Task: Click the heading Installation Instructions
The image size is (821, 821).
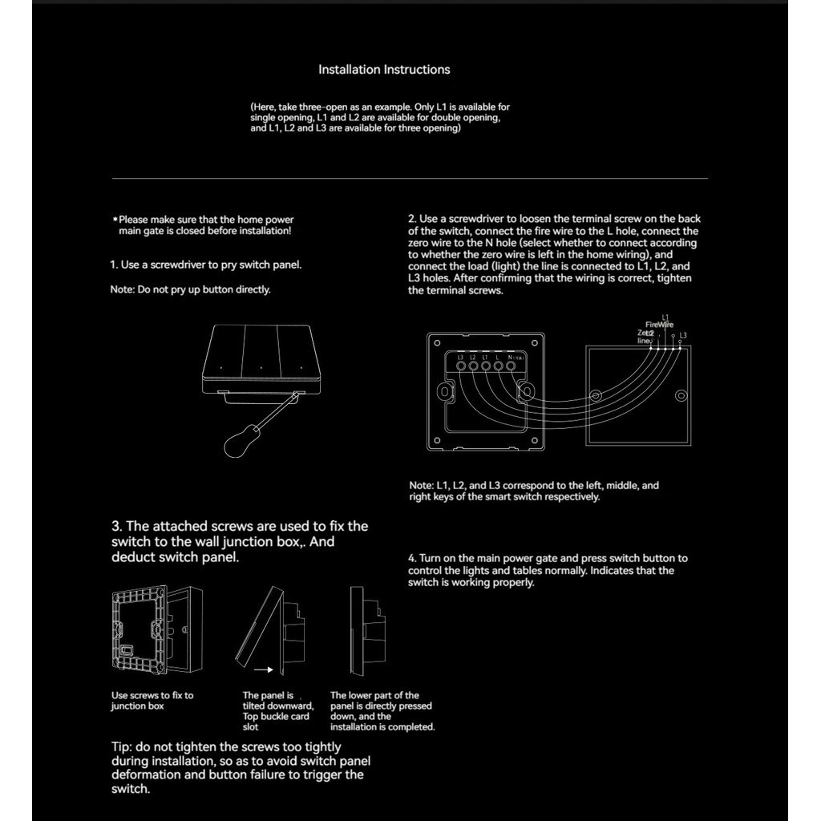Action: tap(384, 70)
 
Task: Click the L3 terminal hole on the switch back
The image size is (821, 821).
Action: tap(461, 366)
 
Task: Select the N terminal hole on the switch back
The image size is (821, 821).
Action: tap(511, 366)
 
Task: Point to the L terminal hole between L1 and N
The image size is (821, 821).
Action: tap(498, 366)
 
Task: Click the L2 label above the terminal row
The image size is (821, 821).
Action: tap(473, 355)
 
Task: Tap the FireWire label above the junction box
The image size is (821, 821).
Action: tap(659, 325)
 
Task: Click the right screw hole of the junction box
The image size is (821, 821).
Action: tap(681, 396)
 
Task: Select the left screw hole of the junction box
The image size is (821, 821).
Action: tap(596, 396)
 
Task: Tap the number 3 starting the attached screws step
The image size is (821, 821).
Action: tap(116, 527)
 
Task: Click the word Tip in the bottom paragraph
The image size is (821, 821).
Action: tap(120, 747)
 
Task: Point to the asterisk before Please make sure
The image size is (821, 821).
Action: tap(115, 220)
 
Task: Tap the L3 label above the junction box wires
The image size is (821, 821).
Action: tap(683, 335)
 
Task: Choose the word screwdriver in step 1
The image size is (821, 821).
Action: tap(176, 265)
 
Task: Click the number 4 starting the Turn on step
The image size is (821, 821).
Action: tap(411, 559)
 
